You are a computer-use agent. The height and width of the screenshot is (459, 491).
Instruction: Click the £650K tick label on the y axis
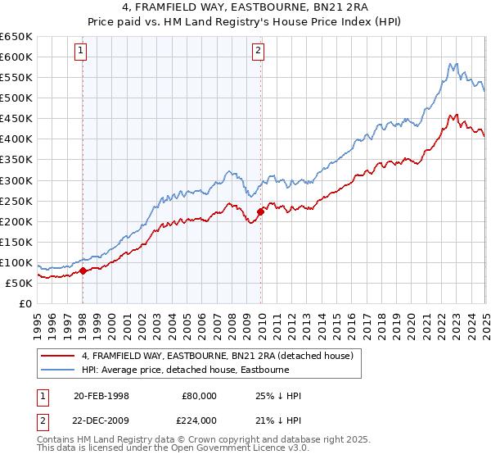tap(16, 37)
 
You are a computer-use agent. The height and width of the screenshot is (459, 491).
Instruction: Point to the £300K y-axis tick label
tap(16, 180)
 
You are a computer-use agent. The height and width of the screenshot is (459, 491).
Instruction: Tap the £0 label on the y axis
tap(26, 303)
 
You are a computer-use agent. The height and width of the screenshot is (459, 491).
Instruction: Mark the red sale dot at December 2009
tap(260, 211)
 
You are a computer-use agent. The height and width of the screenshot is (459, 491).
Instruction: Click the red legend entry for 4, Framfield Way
tap(217, 356)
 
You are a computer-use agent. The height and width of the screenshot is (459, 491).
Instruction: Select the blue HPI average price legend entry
tap(196, 370)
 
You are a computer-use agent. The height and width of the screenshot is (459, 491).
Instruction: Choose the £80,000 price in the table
tap(200, 396)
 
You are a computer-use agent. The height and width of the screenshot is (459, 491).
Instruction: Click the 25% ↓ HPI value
tap(278, 396)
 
